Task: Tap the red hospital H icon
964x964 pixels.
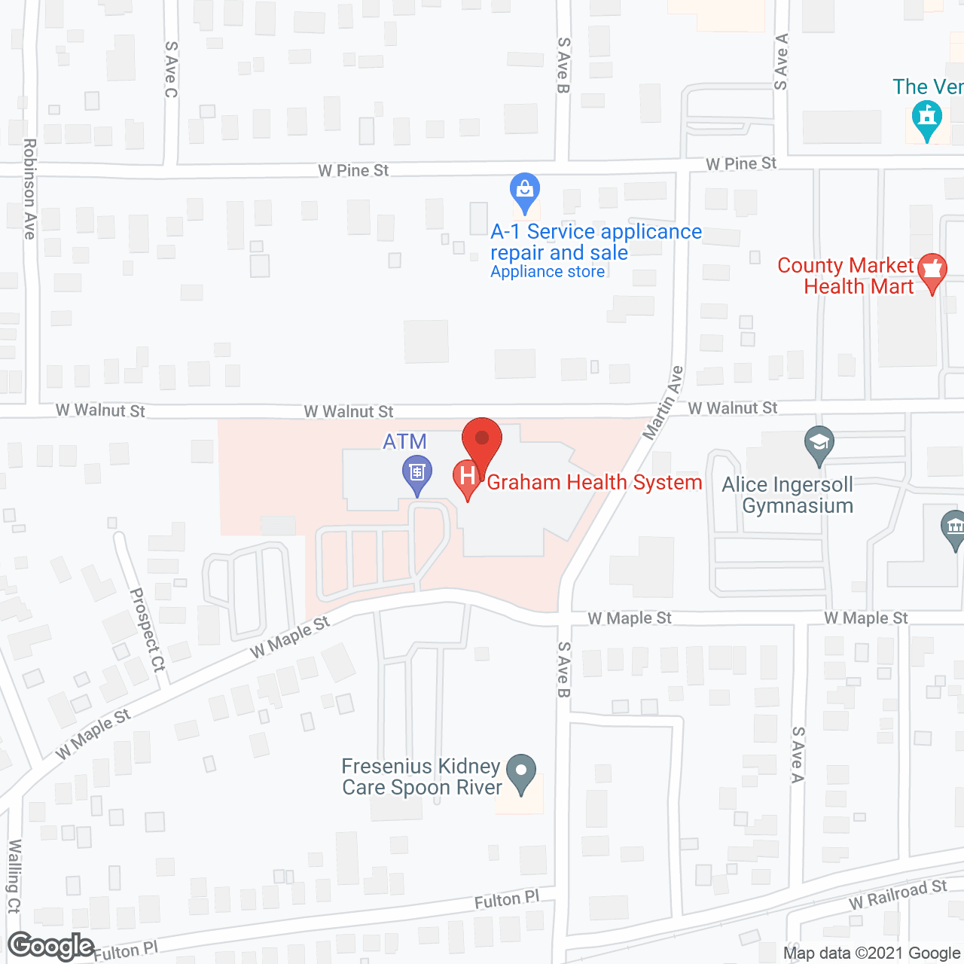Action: pyautogui.click(x=467, y=477)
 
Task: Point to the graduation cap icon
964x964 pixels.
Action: pyautogui.click(x=819, y=443)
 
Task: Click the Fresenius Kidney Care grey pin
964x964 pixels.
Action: pyautogui.click(x=520, y=771)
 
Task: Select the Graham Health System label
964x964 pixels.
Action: pyautogui.click(x=594, y=482)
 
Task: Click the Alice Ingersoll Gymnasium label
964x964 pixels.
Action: pyautogui.click(x=788, y=495)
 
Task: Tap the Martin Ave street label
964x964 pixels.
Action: pyautogui.click(x=663, y=403)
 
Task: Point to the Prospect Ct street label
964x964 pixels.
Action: pyautogui.click(x=148, y=630)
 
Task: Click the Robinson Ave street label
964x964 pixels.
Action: pyautogui.click(x=29, y=188)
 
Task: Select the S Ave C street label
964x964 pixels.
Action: pyautogui.click(x=171, y=69)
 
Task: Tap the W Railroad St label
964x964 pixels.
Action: pyautogui.click(x=897, y=894)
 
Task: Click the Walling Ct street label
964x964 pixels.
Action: pyautogui.click(x=14, y=876)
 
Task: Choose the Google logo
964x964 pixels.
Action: pyautogui.click(x=51, y=946)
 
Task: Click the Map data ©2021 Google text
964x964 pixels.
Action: pyautogui.click(x=872, y=953)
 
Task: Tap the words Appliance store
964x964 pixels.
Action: pyautogui.click(x=548, y=272)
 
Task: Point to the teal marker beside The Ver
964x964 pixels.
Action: pyautogui.click(x=926, y=119)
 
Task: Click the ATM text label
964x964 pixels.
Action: pyautogui.click(x=404, y=441)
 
